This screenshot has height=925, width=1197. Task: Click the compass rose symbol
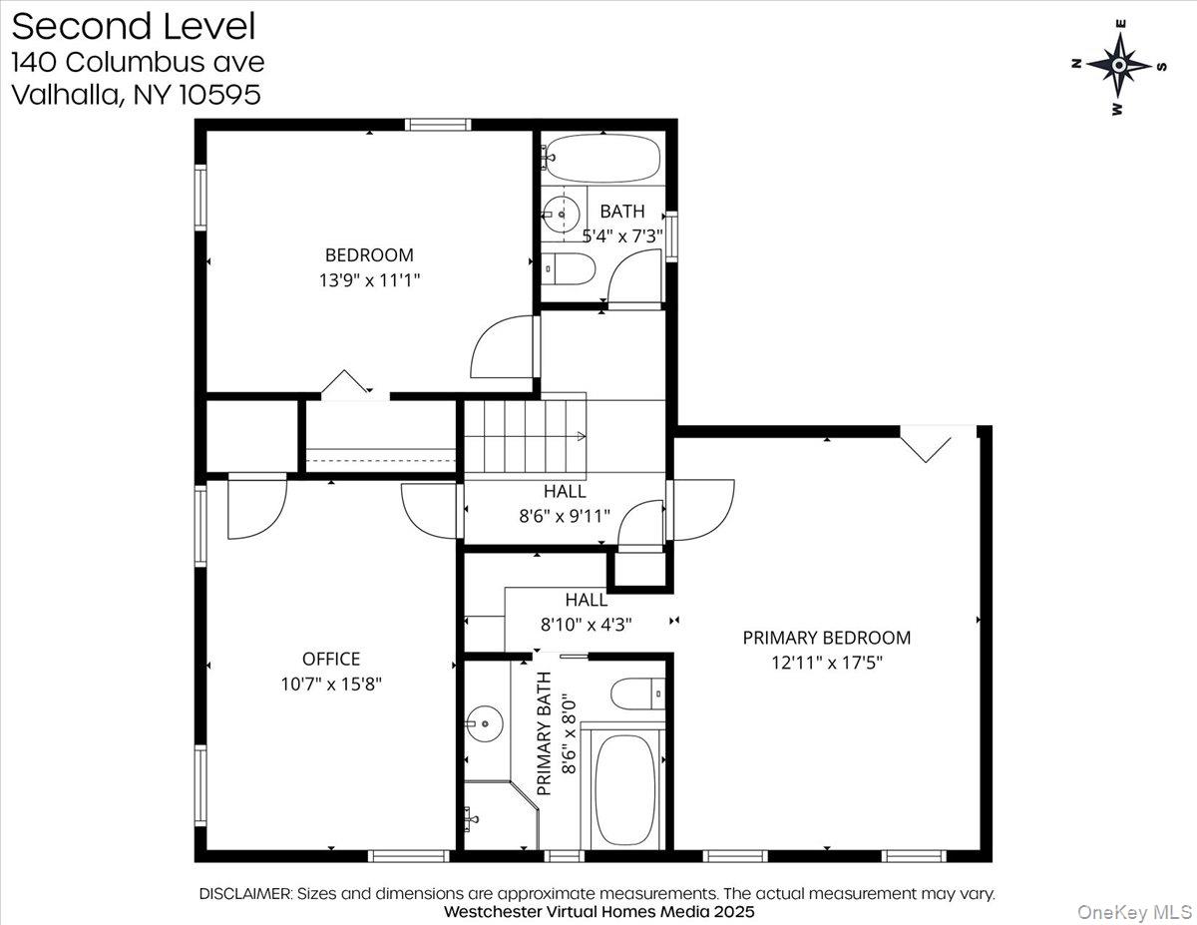(1119, 66)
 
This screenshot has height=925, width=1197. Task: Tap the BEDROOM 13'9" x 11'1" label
(370, 267)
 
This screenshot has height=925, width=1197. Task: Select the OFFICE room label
(331, 659)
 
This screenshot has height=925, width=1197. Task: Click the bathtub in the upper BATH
(603, 159)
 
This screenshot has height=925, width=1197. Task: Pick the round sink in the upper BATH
(561, 215)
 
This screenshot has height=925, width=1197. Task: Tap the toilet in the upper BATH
(568, 268)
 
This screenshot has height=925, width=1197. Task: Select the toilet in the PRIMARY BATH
(638, 694)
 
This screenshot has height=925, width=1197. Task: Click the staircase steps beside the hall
(525, 436)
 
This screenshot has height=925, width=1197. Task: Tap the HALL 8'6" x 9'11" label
(565, 504)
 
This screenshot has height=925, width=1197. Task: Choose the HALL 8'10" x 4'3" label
(587, 612)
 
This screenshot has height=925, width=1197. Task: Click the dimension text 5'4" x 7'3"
(622, 236)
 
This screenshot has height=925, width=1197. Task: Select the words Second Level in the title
(134, 26)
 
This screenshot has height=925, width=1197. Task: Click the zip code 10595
(220, 95)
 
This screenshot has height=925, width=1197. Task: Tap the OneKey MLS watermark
(1135, 912)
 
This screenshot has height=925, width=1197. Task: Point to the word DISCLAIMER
(244, 894)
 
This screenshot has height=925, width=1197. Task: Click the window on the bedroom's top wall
(438, 125)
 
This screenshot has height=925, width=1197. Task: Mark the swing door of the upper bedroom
(504, 347)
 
